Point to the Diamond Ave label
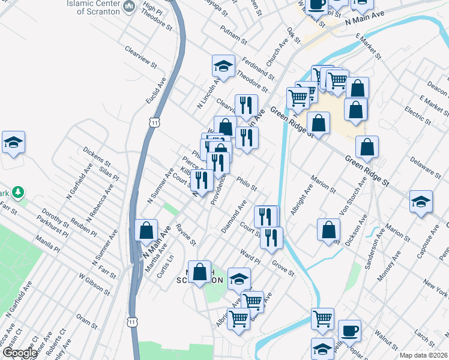[234, 219]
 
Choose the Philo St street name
[246, 181]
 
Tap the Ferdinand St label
[259, 70]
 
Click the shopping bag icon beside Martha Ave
[146, 230]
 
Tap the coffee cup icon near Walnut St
[349, 330]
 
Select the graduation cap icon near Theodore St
[223, 66]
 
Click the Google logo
[19, 353]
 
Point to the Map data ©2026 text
[423, 355]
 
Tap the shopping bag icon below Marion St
[329, 230]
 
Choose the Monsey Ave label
[388, 267]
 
